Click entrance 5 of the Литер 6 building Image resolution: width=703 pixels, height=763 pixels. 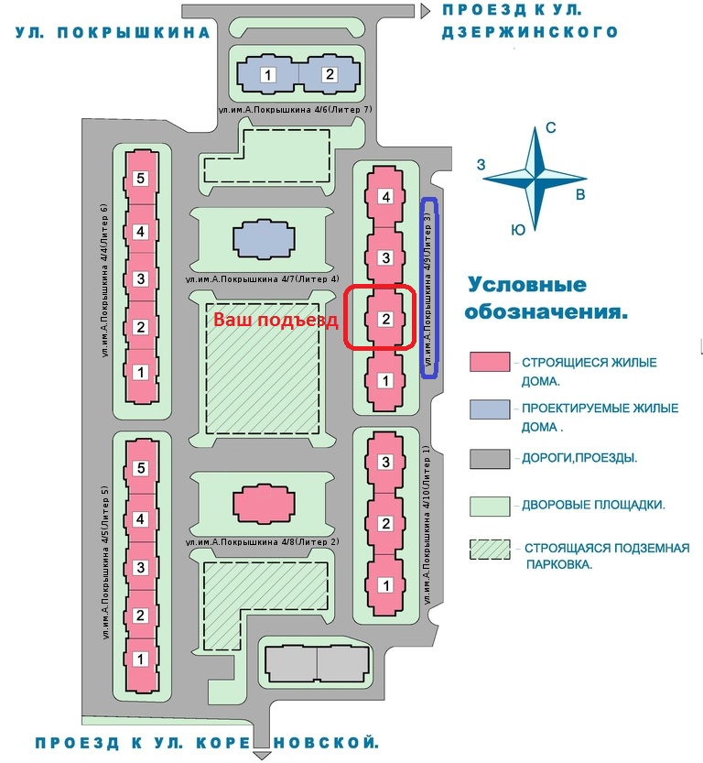(x=140, y=179)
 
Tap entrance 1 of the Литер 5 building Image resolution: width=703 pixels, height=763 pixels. (x=140, y=659)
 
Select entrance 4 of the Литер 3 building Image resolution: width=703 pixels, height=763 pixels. (x=386, y=197)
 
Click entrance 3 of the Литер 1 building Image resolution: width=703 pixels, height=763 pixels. (x=386, y=461)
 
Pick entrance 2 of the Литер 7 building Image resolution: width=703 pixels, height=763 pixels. (x=330, y=74)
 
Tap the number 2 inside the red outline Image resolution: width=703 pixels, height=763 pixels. (x=386, y=319)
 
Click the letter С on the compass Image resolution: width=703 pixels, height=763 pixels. (x=551, y=128)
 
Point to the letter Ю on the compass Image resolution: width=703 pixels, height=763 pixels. (x=518, y=231)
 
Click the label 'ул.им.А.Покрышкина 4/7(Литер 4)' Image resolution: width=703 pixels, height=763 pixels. (x=263, y=278)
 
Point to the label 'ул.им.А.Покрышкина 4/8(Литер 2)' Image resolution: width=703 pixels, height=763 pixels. (x=263, y=542)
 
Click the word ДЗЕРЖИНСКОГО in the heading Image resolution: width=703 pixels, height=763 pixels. (x=530, y=32)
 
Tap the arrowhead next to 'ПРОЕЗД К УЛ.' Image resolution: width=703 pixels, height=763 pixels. (x=426, y=11)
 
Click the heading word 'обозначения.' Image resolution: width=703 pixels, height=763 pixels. (x=546, y=312)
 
